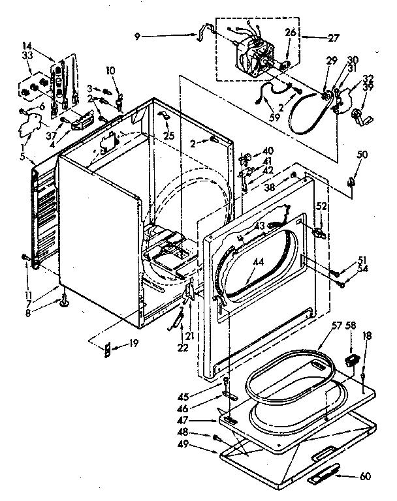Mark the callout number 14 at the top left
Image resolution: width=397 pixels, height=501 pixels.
click(x=27, y=46)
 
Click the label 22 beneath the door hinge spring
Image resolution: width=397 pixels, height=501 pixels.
click(x=182, y=348)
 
